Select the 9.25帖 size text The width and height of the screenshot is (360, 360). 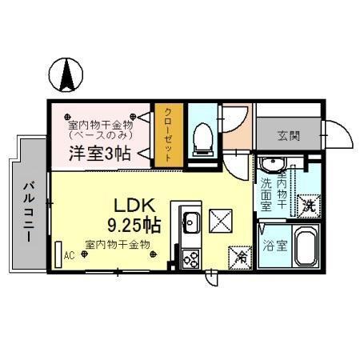tap(133, 224)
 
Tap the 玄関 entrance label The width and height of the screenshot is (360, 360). tap(290, 136)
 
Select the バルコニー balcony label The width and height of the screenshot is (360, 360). tap(27, 212)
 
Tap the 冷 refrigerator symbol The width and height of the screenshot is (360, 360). tap(241, 257)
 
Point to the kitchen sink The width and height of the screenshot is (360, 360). tap(191, 221)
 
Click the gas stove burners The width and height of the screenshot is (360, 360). tap(191, 258)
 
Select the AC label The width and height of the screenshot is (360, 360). tap(69, 257)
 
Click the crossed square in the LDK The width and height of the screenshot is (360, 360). tap(221, 219)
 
